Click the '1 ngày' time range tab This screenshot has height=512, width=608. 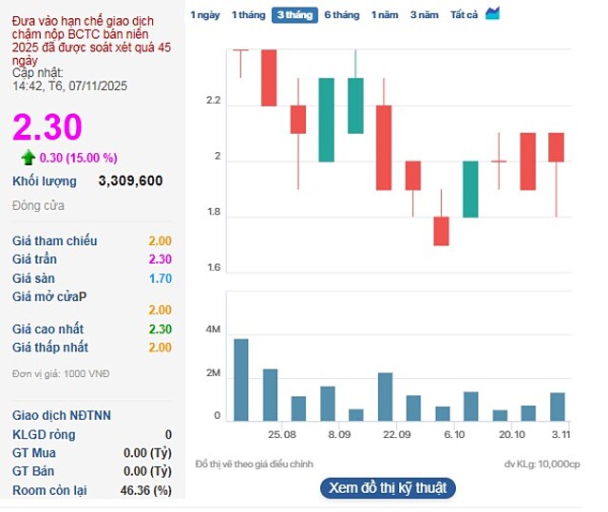[x=205, y=15]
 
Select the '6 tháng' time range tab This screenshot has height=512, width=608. [x=341, y=15]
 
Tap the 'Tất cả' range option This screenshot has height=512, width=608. [x=464, y=15]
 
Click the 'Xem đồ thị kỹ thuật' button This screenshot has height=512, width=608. [x=388, y=488]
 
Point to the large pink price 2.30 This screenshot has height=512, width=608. [x=47, y=127]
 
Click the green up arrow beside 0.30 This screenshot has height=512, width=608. [x=28, y=158]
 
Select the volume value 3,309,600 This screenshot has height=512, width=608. [x=130, y=180]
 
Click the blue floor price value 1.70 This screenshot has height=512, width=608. [x=160, y=279]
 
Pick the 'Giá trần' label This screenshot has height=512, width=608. [x=34, y=259]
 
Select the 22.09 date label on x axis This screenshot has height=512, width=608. [x=397, y=434]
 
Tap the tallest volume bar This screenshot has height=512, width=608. [x=241, y=380]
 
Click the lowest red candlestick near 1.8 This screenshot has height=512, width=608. [x=441, y=231]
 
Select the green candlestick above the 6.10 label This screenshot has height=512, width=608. [x=470, y=189]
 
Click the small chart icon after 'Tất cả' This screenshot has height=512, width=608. [x=492, y=14]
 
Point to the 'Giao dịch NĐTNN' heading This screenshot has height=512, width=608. [x=62, y=415]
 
